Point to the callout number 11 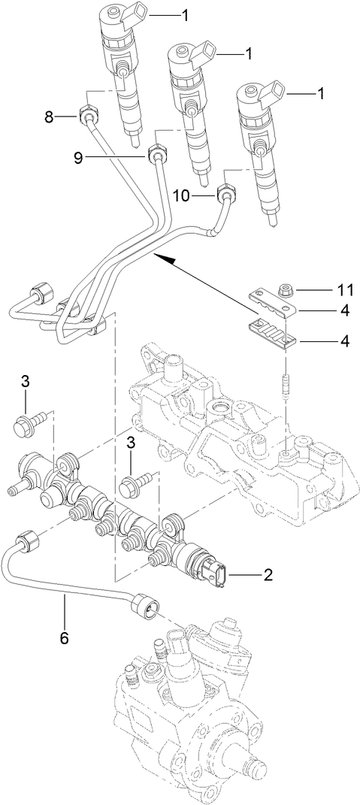343,289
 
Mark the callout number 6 64,638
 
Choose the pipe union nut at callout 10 226,195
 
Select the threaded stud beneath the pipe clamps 286,390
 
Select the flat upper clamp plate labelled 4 272,301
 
